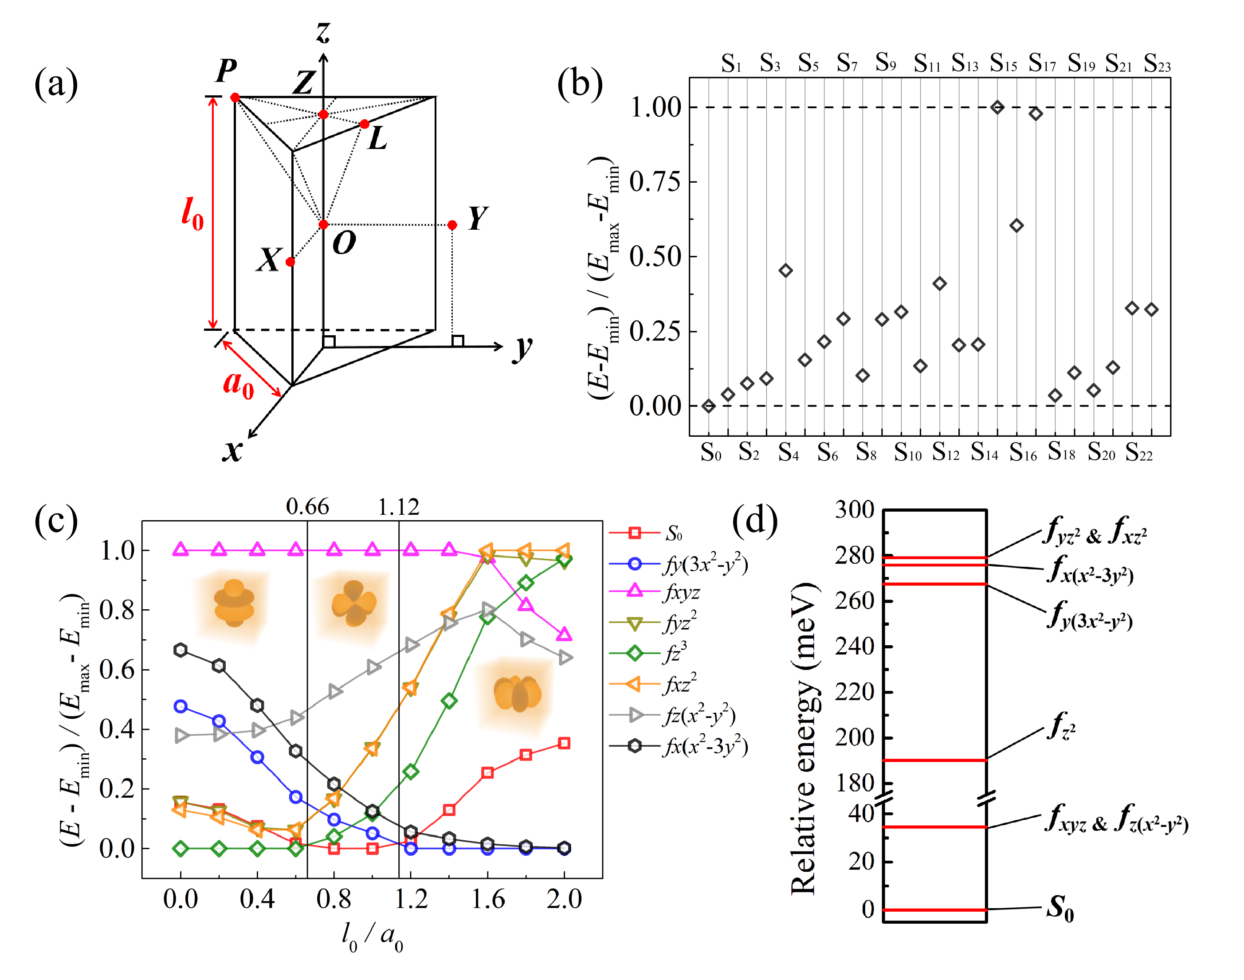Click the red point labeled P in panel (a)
point(235,98)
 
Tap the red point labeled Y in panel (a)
point(452,225)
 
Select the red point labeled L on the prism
point(365,124)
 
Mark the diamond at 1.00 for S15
point(997,107)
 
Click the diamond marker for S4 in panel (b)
point(785,270)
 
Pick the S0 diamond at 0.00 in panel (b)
point(709,406)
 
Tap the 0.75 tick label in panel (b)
point(655,182)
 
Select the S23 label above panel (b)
point(1157,63)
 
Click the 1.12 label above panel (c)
point(398,507)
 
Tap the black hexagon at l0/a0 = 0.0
point(181,650)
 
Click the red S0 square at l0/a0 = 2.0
point(564,743)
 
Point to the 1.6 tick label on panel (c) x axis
point(488,899)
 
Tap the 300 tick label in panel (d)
point(854,510)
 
